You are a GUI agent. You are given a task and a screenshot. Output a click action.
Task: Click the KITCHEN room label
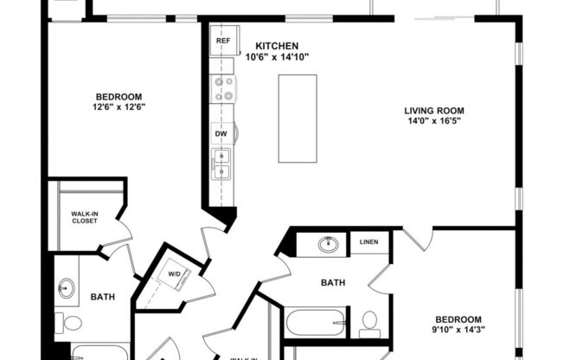pos(277,45)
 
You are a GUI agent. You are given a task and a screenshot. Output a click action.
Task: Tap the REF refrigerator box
pos(222,41)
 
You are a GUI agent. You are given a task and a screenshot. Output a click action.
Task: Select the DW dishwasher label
pos(221,134)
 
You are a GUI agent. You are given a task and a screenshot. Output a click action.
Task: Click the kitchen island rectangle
pos(297,118)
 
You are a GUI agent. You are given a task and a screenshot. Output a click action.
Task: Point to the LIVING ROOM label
pos(434,110)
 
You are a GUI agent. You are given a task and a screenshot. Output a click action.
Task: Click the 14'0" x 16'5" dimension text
pos(434,121)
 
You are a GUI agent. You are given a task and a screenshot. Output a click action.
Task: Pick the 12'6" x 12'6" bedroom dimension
pos(119,107)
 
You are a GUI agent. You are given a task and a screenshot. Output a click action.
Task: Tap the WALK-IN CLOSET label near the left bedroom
pos(84,217)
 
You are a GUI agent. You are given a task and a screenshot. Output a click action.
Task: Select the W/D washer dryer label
pos(175,275)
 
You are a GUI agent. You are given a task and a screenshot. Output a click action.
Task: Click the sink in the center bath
pos(329,244)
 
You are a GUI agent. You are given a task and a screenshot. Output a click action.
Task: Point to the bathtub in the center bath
pos(316,323)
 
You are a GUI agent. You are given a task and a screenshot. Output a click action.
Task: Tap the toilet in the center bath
pos(369,323)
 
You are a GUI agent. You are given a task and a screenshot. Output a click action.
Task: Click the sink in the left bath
pos(67,287)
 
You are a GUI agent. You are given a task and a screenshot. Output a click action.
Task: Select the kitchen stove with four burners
pos(223,88)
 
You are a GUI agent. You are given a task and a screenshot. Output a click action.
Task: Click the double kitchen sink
pos(222,164)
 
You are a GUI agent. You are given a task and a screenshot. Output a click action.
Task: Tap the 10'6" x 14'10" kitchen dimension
pos(277,56)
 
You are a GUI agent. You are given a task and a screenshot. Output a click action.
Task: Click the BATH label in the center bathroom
pos(333,282)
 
